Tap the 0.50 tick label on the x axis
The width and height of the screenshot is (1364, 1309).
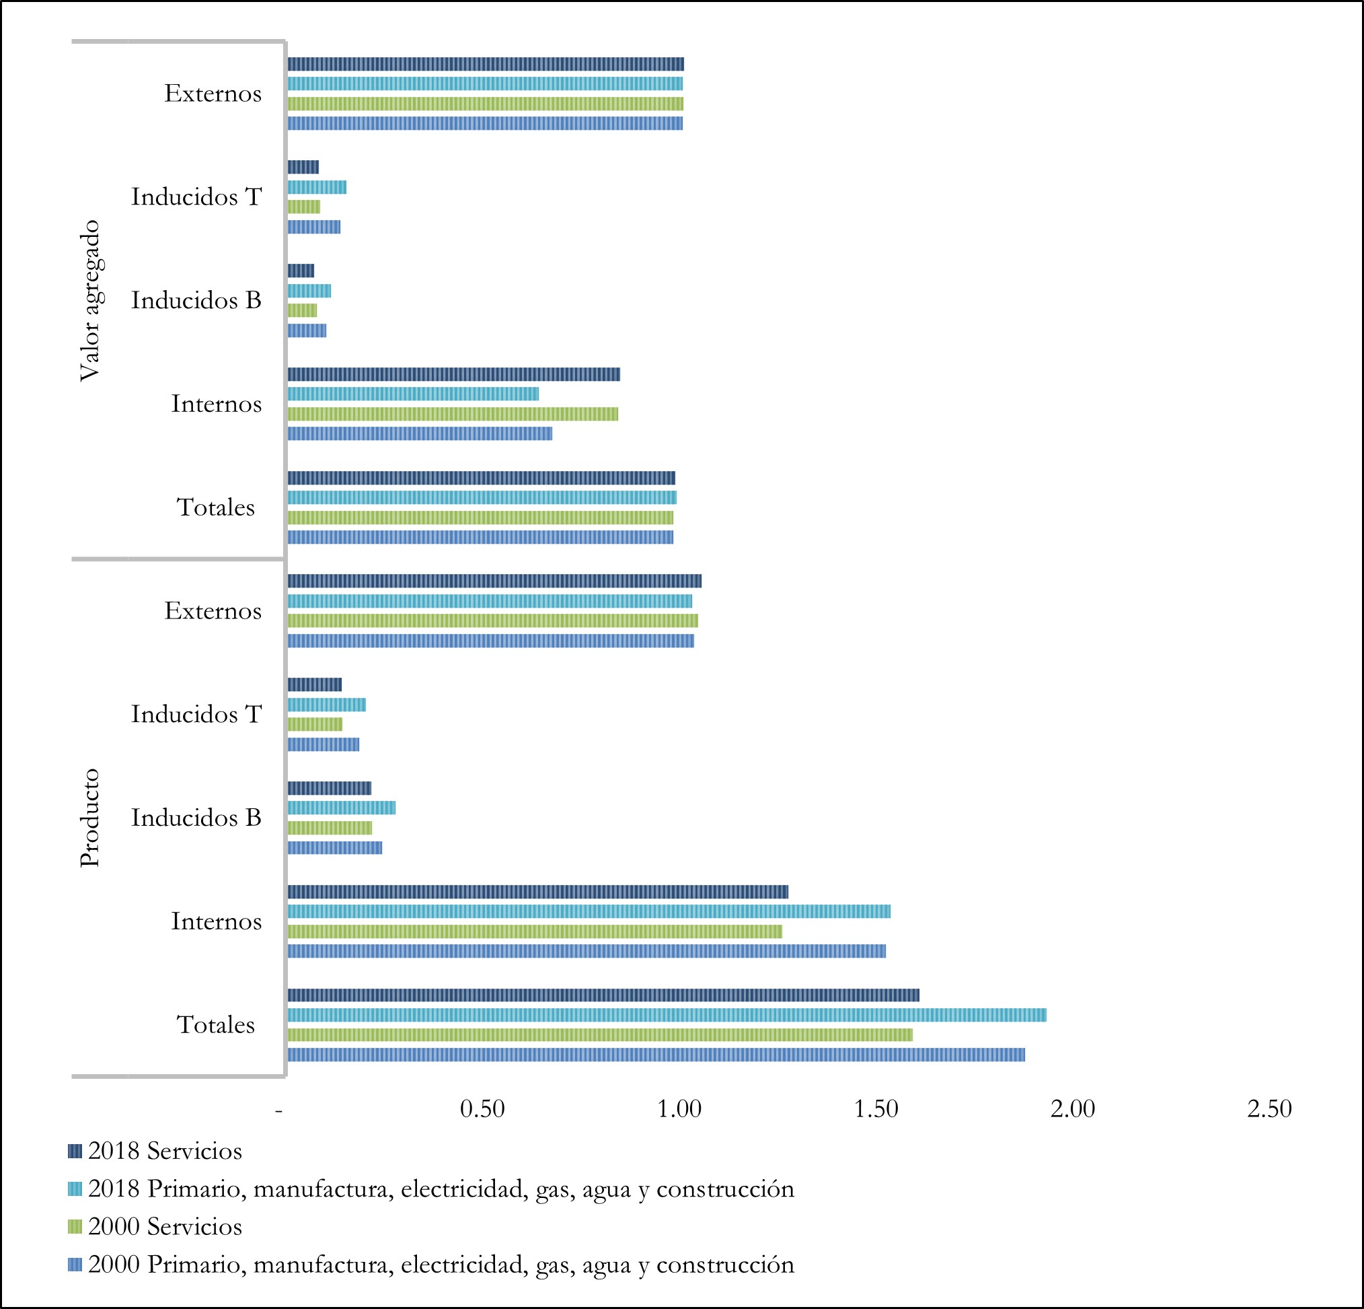coord(482,1108)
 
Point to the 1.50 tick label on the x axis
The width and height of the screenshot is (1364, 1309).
coord(876,1108)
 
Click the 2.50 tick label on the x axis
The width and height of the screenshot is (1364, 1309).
coord(1269,1108)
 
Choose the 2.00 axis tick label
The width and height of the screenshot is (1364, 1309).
coord(1072,1108)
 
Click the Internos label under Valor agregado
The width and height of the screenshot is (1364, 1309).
coord(217,404)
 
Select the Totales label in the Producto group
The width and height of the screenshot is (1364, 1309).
coord(216,1025)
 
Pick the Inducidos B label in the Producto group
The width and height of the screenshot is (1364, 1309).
coord(196,818)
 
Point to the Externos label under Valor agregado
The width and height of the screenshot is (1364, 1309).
coord(213,94)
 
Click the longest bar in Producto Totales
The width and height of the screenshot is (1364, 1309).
coord(667,1014)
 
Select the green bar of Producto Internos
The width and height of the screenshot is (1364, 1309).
coord(535,931)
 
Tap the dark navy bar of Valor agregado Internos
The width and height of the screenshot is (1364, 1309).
coord(454,375)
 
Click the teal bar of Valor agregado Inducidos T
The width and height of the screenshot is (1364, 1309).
coord(317,187)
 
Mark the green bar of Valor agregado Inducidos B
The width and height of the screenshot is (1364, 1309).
coord(302,310)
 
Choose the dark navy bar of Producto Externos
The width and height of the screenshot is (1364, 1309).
coord(494,581)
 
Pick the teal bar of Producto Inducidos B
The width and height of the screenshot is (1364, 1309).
coord(341,808)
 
